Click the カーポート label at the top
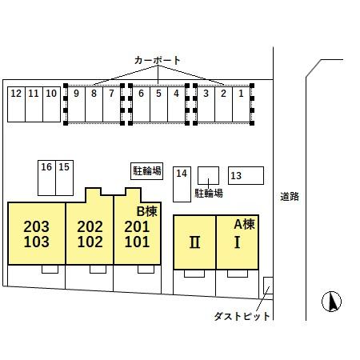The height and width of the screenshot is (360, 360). click(158, 61)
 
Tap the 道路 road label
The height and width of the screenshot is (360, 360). click(290, 196)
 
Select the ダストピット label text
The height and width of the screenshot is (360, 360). click(242, 316)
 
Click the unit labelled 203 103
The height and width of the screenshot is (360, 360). click(36, 234)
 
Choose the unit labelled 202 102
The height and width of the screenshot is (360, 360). click(90, 234)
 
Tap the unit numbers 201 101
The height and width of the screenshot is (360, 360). click(137, 234)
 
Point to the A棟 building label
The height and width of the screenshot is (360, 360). click(244, 224)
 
